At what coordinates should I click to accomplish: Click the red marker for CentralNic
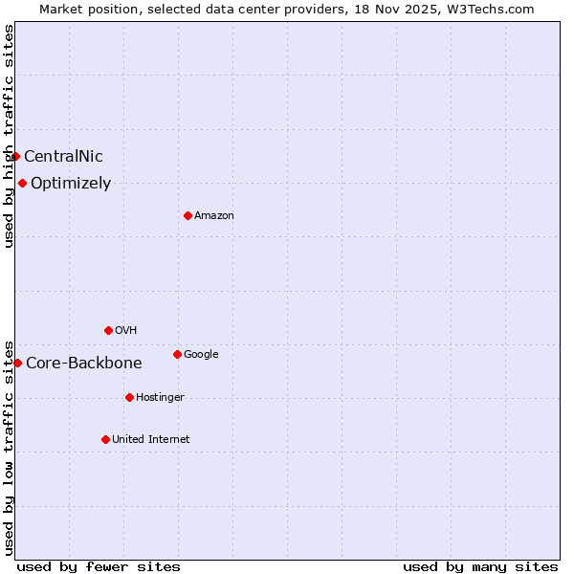pyautogui.click(x=16, y=156)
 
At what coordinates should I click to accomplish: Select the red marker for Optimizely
pyautogui.click(x=22, y=183)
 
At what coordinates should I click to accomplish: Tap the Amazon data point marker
pyautogui.click(x=188, y=215)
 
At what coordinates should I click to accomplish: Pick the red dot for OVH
pyautogui.click(x=108, y=330)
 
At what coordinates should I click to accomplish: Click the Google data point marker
pyautogui.click(x=177, y=354)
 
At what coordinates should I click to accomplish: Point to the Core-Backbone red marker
pyautogui.click(x=17, y=363)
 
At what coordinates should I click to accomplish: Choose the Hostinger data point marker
pyautogui.click(x=129, y=397)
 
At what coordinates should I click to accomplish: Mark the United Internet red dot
pyautogui.click(x=105, y=439)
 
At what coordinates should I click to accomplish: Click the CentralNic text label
pyautogui.click(x=63, y=157)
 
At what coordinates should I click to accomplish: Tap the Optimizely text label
pyautogui.click(x=71, y=184)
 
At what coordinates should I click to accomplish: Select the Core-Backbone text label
pyautogui.click(x=84, y=364)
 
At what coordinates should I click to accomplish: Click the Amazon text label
pyautogui.click(x=214, y=216)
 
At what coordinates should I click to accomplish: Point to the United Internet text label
pyautogui.click(x=151, y=440)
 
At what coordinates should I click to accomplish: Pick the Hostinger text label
pyautogui.click(x=160, y=398)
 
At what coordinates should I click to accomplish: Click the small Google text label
pyautogui.click(x=201, y=355)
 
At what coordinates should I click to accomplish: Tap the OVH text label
pyautogui.click(x=126, y=331)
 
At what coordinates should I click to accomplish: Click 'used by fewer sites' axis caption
pyautogui.click(x=99, y=567)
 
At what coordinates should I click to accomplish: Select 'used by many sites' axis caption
pyautogui.click(x=480, y=567)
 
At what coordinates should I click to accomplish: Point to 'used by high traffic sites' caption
pyautogui.click(x=9, y=136)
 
